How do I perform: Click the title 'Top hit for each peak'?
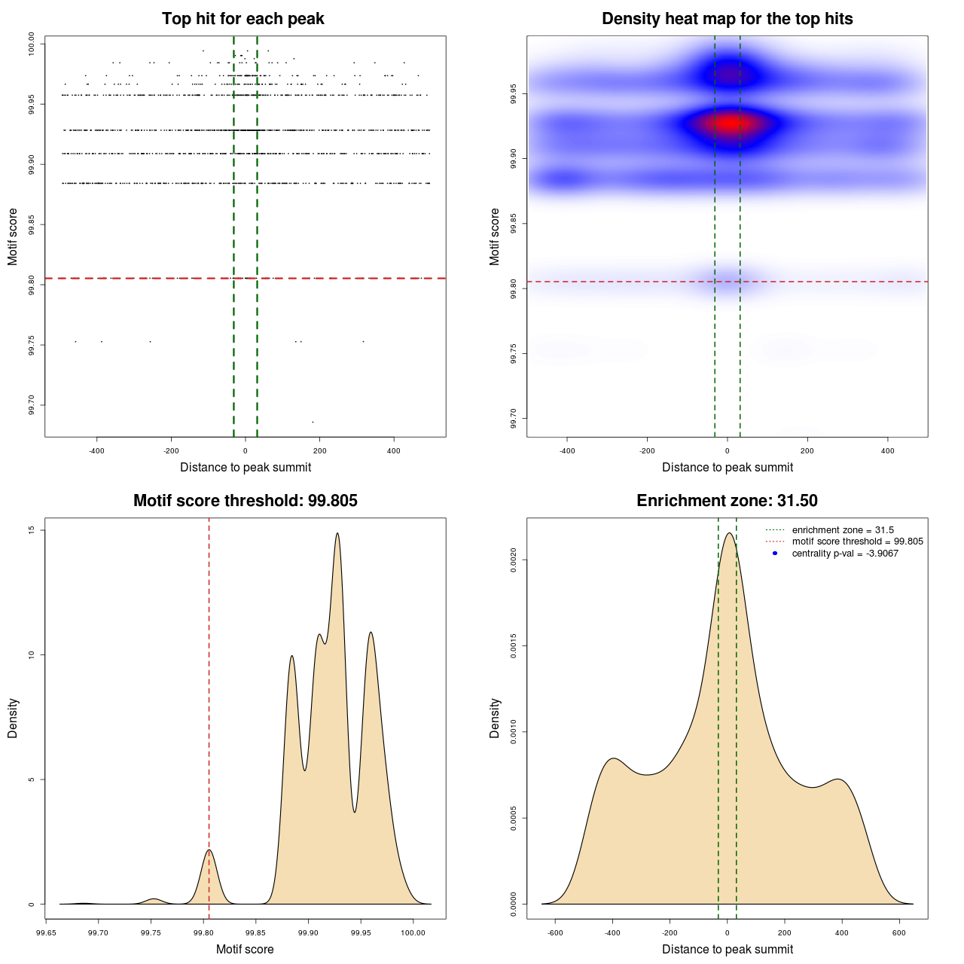click(x=243, y=19)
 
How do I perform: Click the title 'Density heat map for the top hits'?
click(x=727, y=19)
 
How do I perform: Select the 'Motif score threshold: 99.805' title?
click(x=245, y=501)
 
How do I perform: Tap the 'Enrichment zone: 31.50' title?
click(x=727, y=501)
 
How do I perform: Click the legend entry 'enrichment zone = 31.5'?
click(x=842, y=530)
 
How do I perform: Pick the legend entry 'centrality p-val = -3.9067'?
click(x=844, y=554)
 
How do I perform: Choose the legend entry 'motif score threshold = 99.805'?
click(x=857, y=541)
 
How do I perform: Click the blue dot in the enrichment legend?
click(x=775, y=554)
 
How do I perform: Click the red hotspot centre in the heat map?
click(x=728, y=123)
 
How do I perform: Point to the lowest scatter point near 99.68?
click(x=313, y=422)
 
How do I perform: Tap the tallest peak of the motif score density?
click(x=337, y=534)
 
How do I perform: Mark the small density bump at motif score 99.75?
click(x=154, y=899)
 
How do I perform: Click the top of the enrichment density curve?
click(x=728, y=534)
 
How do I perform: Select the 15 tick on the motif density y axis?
click(x=32, y=530)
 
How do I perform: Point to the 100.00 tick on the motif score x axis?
click(x=413, y=933)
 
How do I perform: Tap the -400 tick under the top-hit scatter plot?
click(x=96, y=451)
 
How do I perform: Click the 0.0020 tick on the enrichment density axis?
click(x=514, y=560)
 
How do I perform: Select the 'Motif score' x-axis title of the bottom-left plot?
click(x=245, y=949)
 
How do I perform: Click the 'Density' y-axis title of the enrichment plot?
click(x=495, y=718)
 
